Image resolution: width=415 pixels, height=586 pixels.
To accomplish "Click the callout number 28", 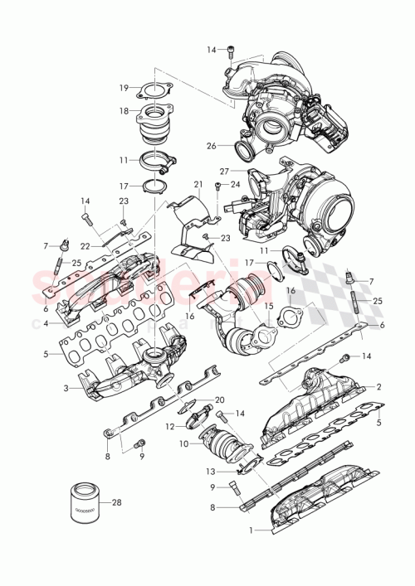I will tap(117, 502).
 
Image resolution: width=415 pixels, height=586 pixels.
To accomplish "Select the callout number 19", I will tap(123, 87).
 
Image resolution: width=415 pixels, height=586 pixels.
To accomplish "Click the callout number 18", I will tap(123, 109).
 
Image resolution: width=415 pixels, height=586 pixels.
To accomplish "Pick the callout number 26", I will tap(212, 146).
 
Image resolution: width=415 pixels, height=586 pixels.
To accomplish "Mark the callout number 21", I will tap(198, 184).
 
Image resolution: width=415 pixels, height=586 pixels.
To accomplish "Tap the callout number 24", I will tap(236, 184).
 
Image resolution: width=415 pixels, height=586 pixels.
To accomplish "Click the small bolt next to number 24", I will tap(217, 186).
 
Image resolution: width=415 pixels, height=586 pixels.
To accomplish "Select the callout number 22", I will tap(85, 246).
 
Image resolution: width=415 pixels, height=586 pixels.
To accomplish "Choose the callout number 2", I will tap(379, 386).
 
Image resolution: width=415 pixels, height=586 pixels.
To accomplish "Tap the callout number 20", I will tap(220, 400).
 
